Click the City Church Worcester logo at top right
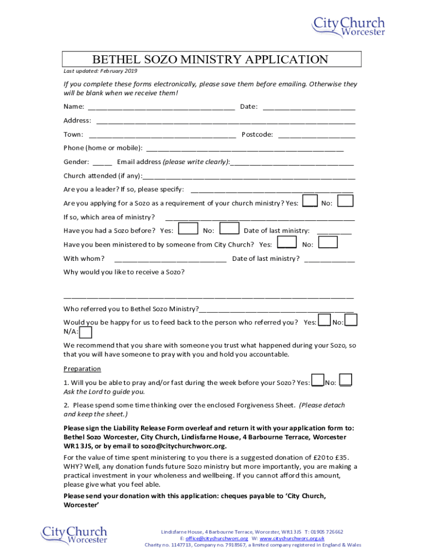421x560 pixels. (348, 26)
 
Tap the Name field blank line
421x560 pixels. (161, 107)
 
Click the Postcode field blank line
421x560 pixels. (317, 135)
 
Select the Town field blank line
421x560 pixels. (162, 135)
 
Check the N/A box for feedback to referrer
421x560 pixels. (86, 332)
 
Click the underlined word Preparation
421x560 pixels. (82, 369)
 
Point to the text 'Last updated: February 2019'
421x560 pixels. (100, 71)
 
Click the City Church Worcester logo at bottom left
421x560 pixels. (74, 535)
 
